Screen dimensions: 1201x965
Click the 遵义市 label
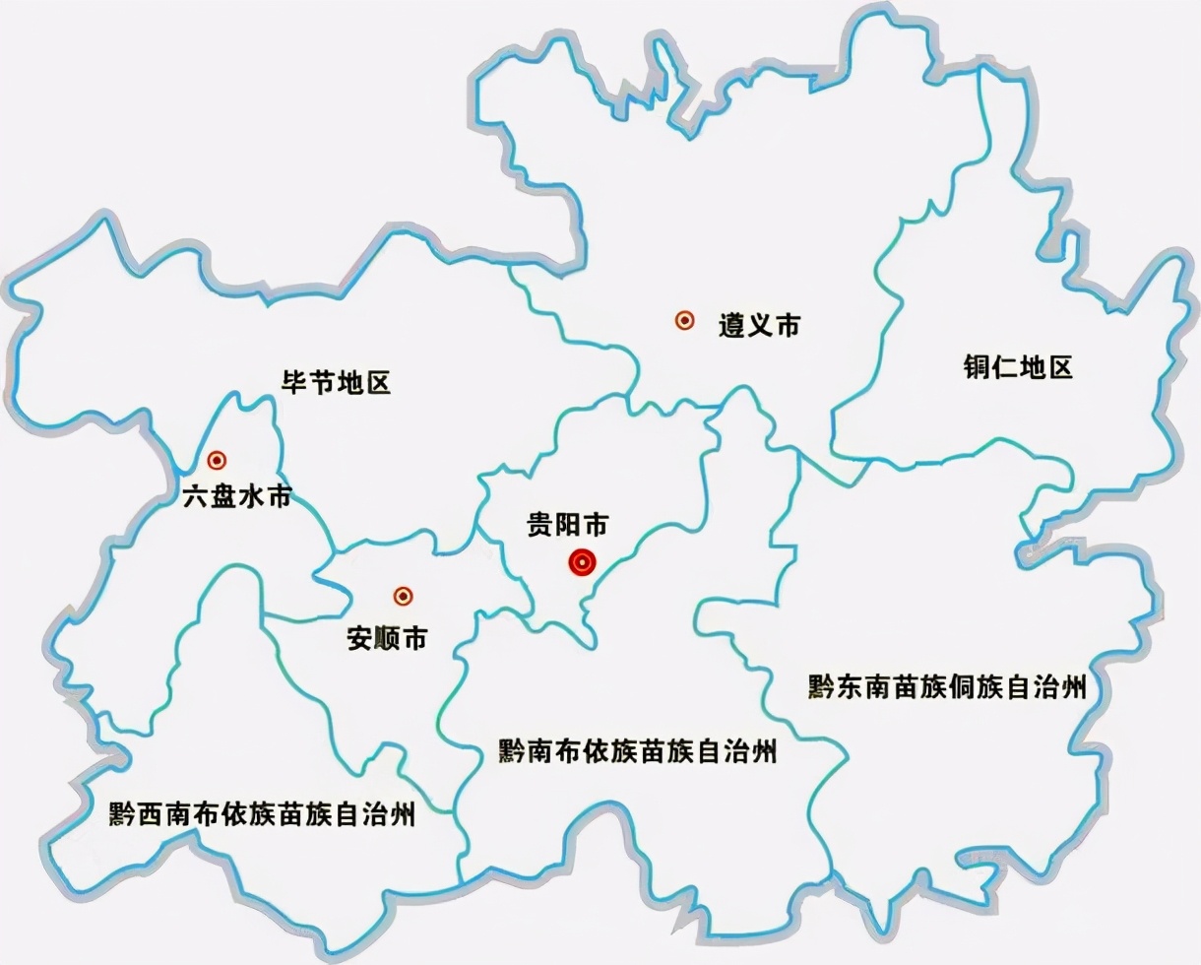pyautogui.click(x=759, y=325)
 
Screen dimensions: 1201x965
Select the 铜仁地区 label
pyautogui.click(x=1017, y=368)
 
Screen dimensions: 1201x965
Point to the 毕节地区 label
pyautogui.click(x=337, y=382)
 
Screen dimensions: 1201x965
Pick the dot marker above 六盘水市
pyautogui.click(x=217, y=459)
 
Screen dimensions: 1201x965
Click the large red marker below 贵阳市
pyautogui.click(x=582, y=563)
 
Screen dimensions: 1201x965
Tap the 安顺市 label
pyautogui.click(x=387, y=639)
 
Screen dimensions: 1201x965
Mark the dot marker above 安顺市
pyautogui.click(x=403, y=596)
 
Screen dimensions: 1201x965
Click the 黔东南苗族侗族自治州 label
pyautogui.click(x=947, y=686)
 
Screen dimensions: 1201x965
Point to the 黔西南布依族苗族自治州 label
pyautogui.click(x=262, y=814)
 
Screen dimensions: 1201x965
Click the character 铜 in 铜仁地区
pyautogui.click(x=977, y=368)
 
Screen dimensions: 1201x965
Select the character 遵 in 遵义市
pyautogui.click(x=730, y=325)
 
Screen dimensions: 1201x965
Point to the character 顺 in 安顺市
pyautogui.click(x=387, y=639)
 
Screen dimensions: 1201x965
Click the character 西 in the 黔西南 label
pyautogui.click(x=152, y=814)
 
